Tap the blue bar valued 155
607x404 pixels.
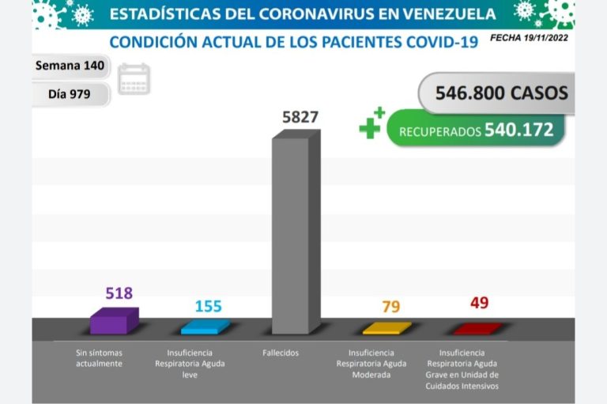point(205,327)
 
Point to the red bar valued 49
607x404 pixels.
point(477,328)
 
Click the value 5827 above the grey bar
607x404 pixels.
point(300,118)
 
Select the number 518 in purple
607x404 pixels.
point(119,293)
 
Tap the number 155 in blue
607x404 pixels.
point(208,306)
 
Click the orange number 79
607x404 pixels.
point(390,306)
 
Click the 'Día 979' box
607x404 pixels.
point(70,94)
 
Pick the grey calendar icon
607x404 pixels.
point(134,80)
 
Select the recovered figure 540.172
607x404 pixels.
point(518,130)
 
